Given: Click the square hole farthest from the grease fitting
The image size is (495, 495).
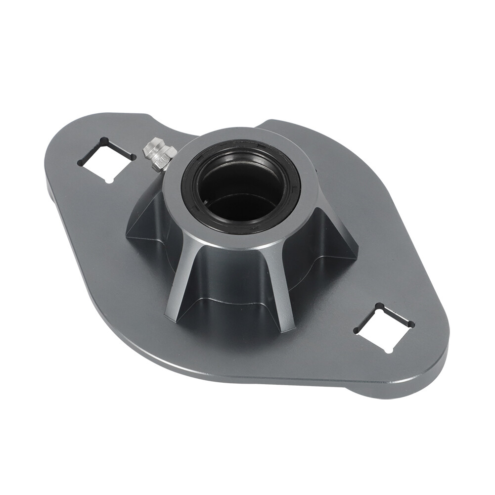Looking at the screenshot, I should [384, 327].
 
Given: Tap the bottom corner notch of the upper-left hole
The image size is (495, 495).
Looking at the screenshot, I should [109, 180].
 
